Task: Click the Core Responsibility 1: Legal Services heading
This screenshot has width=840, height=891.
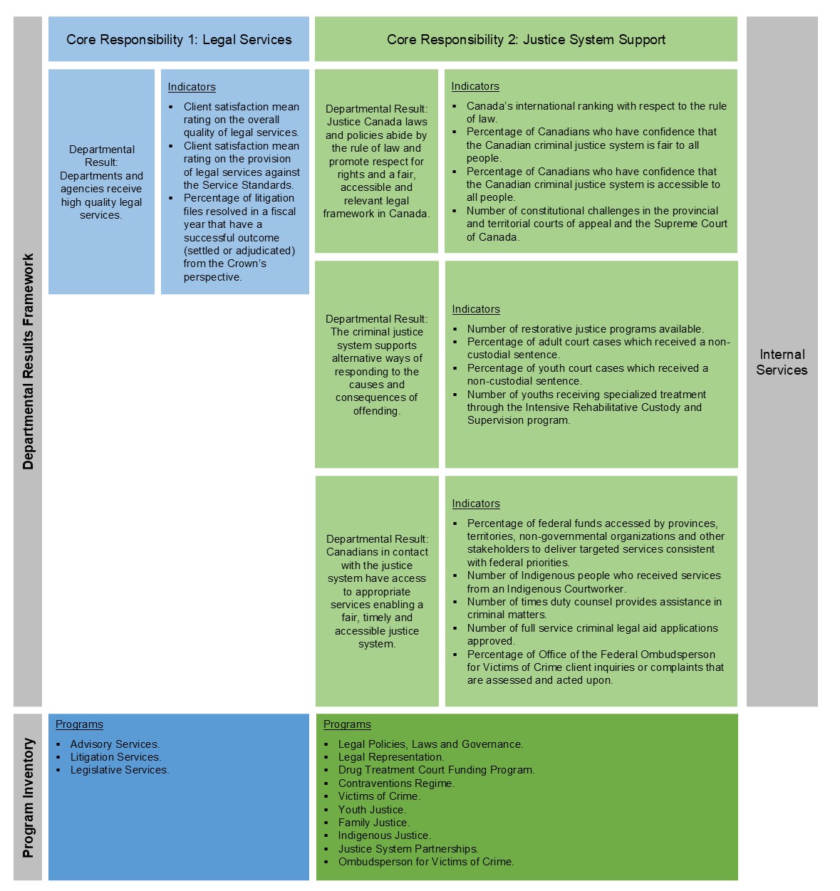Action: click(x=179, y=40)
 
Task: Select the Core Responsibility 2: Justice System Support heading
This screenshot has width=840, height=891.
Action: click(x=526, y=40)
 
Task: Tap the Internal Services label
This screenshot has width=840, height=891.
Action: click(x=782, y=362)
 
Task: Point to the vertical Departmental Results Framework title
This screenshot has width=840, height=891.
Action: click(x=28, y=362)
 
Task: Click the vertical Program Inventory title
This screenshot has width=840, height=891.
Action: click(x=28, y=798)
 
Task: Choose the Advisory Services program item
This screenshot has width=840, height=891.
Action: click(x=115, y=744)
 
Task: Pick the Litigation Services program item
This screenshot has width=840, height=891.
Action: click(x=115, y=757)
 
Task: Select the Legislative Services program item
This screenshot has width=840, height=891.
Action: click(x=120, y=770)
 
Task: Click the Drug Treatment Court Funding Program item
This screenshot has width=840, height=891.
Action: click(x=436, y=770)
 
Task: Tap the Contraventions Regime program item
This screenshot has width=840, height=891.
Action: click(x=396, y=783)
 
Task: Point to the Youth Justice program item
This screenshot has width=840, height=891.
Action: click(x=372, y=810)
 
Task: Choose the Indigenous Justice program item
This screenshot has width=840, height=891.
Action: click(x=385, y=835)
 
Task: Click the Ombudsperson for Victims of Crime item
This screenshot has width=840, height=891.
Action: click(x=426, y=862)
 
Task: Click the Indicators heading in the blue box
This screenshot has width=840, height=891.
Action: click(x=192, y=87)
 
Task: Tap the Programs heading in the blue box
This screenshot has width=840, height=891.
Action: click(x=79, y=724)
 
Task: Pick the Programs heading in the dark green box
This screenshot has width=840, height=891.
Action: click(x=347, y=724)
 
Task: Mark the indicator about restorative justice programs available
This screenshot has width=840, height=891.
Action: click(x=585, y=329)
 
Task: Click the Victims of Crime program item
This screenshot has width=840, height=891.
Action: click(x=379, y=796)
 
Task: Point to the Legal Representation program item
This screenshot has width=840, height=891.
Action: click(x=391, y=757)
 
